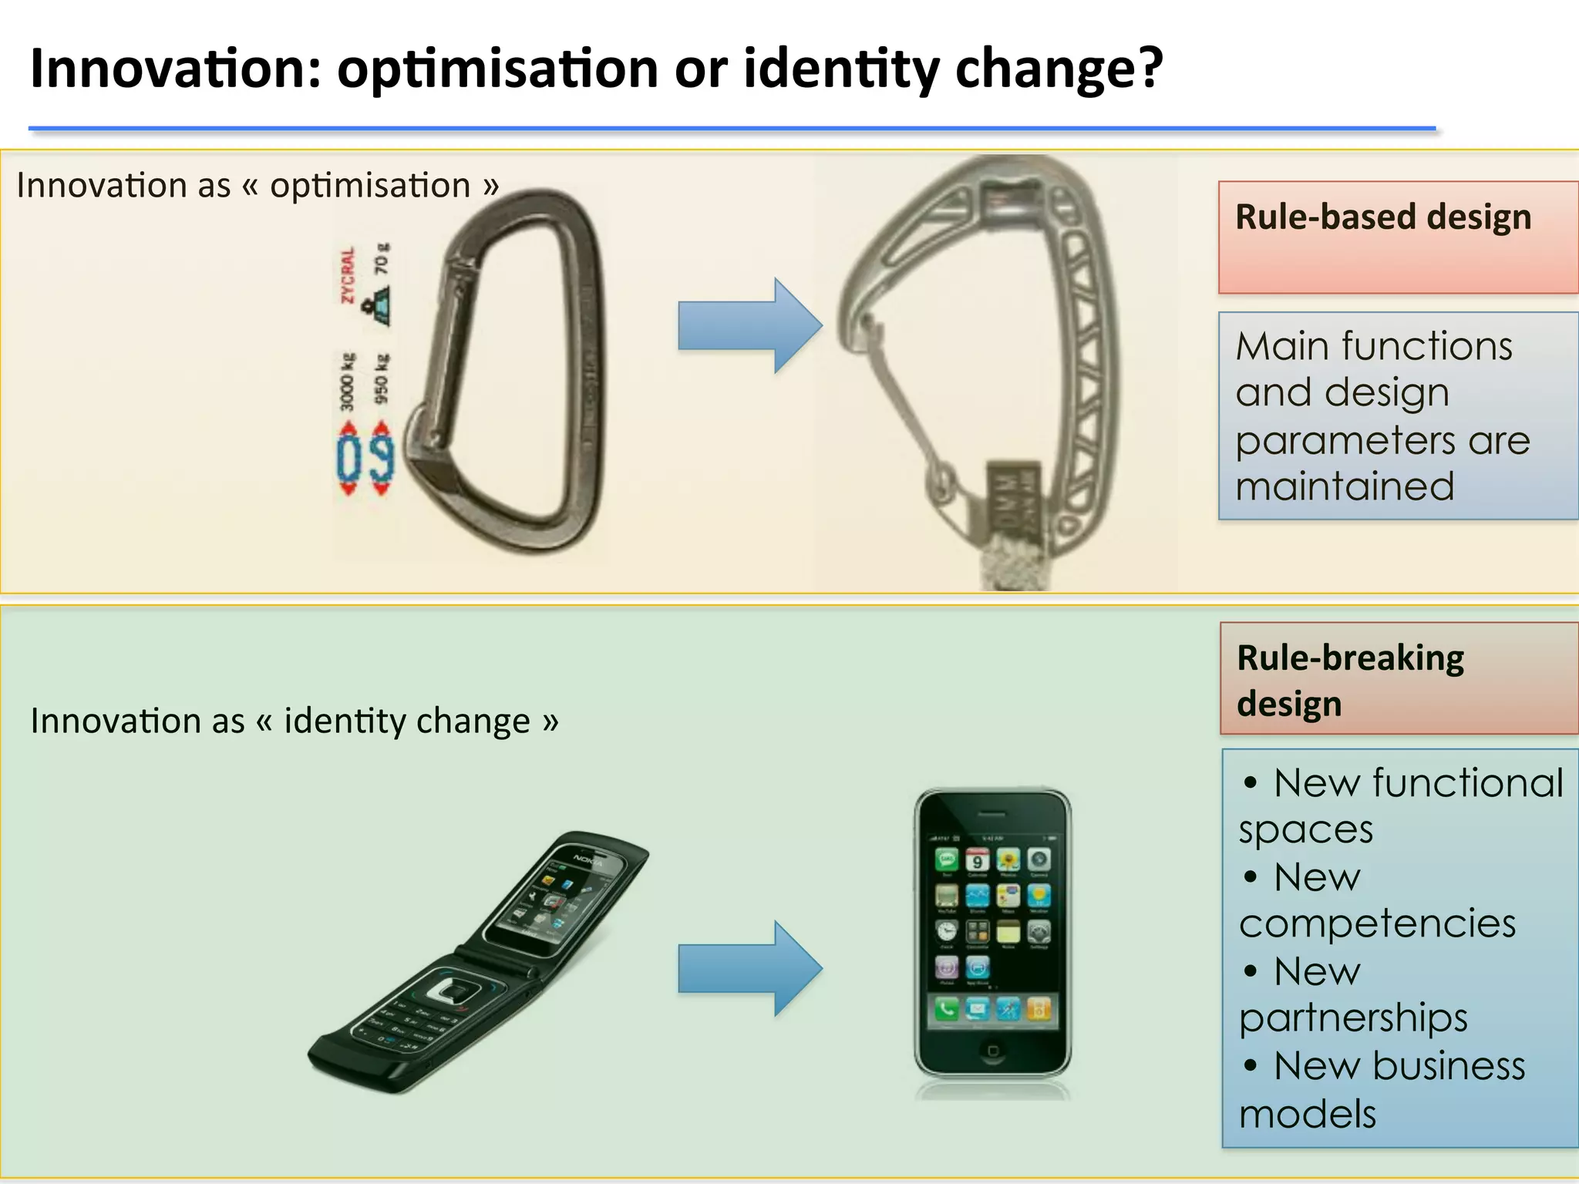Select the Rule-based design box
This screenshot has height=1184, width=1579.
click(x=1398, y=237)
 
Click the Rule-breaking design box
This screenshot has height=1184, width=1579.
click(x=1399, y=679)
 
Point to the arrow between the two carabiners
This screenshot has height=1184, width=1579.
click(x=749, y=326)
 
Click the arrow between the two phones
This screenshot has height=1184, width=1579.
click(x=749, y=968)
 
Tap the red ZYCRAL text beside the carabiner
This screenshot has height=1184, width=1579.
click(x=348, y=275)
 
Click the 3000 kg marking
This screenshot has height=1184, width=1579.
click(x=348, y=382)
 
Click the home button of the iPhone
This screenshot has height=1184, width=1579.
click(x=992, y=1051)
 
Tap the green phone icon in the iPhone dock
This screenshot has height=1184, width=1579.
click(x=946, y=1009)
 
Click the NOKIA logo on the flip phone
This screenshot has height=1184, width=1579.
click(x=587, y=860)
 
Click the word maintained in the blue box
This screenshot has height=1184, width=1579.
click(x=1345, y=487)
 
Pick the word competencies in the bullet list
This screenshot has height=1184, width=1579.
click(x=1377, y=923)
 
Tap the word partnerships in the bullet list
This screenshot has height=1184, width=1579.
click(x=1353, y=1017)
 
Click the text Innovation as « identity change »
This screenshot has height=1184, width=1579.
click(x=295, y=721)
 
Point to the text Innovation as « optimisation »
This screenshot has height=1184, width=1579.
click(x=258, y=186)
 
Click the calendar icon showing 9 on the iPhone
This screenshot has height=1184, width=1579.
click(x=977, y=860)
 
